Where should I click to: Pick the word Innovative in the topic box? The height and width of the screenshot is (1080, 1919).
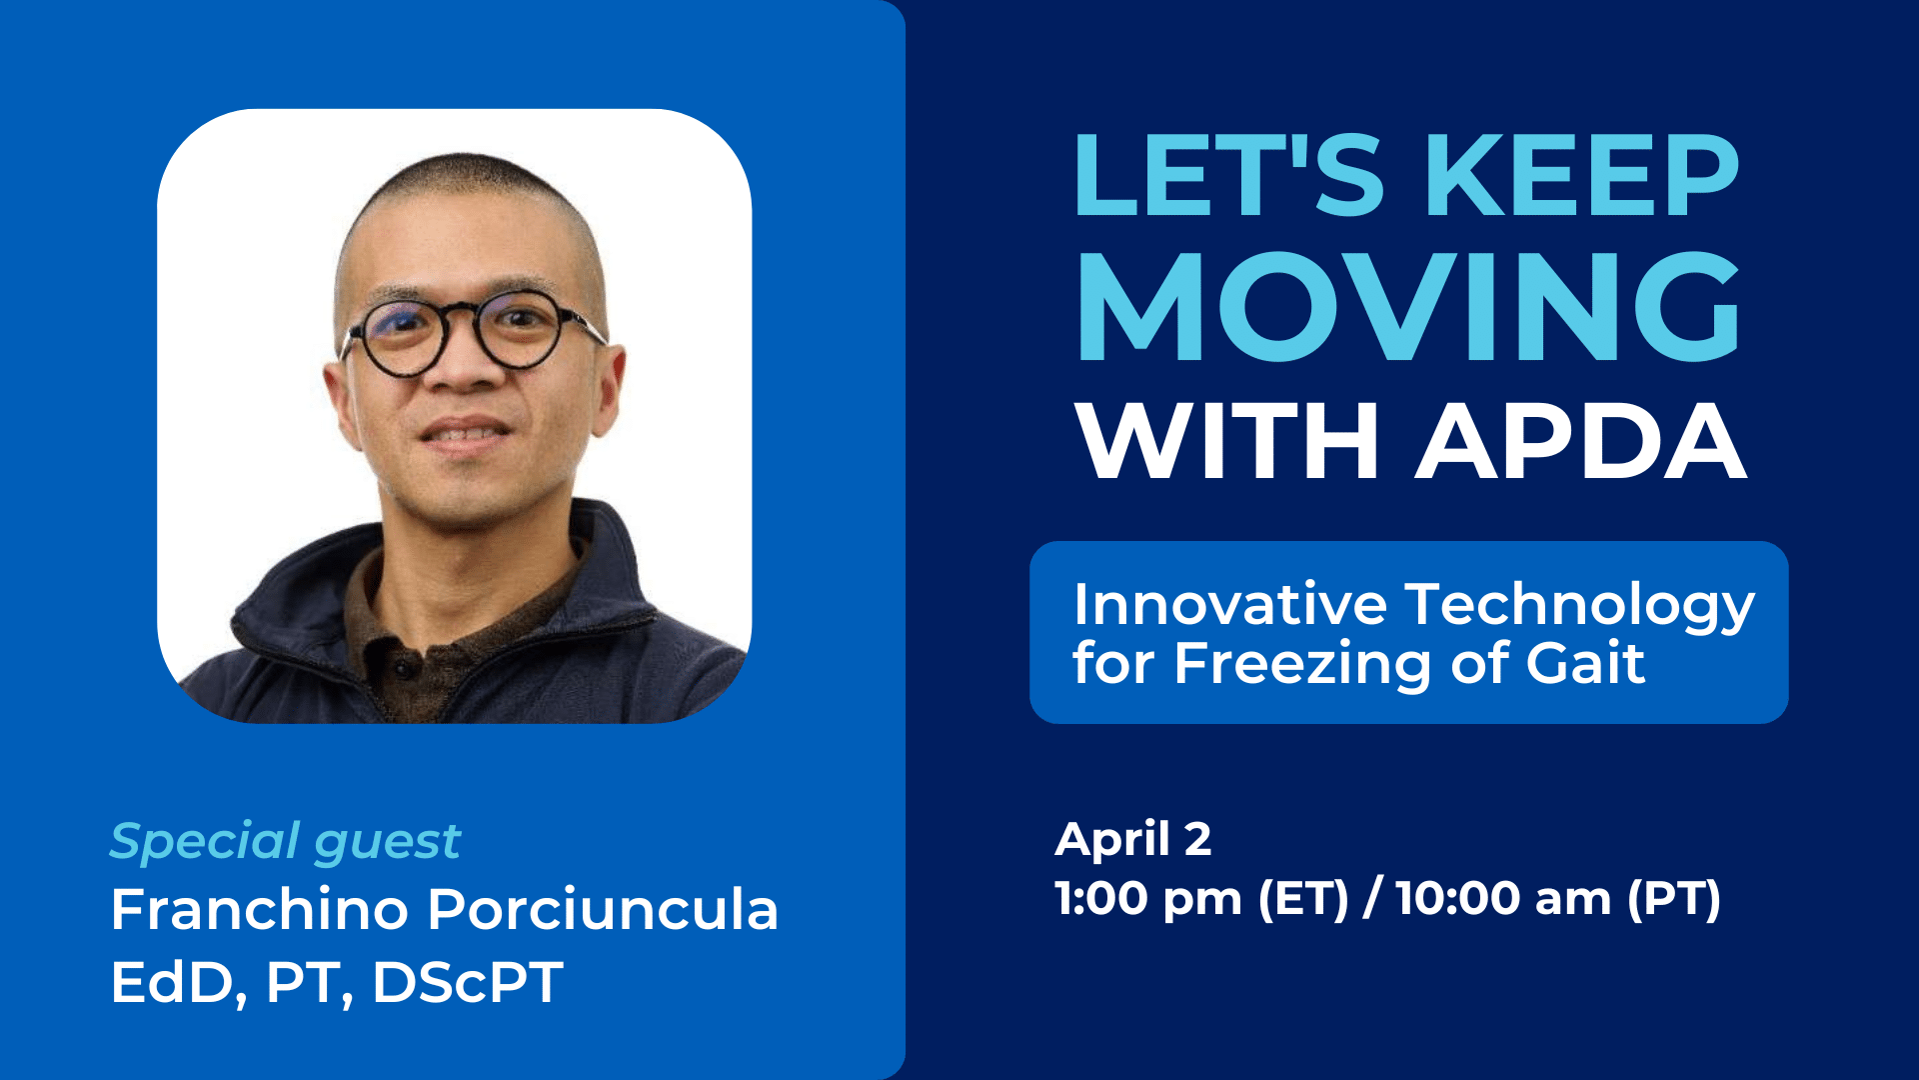pos(1230,605)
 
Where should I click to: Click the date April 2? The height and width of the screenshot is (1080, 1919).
pos(1133,840)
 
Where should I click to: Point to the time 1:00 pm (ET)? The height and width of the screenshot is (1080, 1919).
pos(1202,898)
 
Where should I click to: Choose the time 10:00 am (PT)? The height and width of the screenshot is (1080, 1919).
pos(1558,898)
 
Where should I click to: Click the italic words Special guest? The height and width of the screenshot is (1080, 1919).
pos(285,842)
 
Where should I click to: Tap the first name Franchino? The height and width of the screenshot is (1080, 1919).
pos(260,910)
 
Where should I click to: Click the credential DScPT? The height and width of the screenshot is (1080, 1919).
pos(467,982)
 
